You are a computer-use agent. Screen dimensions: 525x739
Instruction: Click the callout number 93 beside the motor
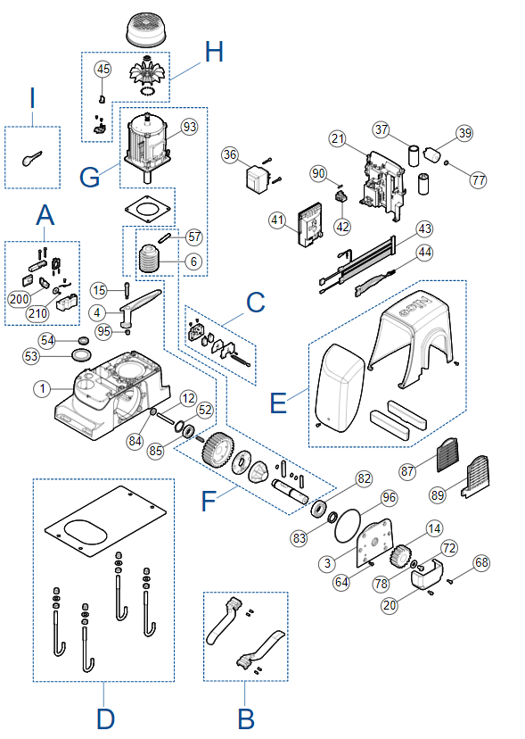[x=189, y=127]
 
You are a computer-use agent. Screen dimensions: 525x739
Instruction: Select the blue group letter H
[x=214, y=52]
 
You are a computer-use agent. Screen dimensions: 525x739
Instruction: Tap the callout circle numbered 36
[x=230, y=154]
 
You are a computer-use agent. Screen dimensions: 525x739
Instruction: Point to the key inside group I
[x=31, y=158]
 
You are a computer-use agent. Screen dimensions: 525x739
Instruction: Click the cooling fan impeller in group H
[x=147, y=72]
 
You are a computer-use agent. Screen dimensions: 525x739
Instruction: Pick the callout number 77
[x=479, y=179]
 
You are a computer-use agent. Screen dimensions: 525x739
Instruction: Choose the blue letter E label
[x=279, y=403]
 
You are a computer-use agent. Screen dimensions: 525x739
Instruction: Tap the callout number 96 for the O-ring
[x=389, y=498]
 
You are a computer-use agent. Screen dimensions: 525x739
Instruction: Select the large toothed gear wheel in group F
[x=217, y=450]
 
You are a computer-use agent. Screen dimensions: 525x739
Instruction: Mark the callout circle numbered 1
[x=43, y=388]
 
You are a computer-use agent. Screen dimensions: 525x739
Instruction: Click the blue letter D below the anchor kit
[x=105, y=718]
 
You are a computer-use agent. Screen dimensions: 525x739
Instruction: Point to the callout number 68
[x=481, y=562]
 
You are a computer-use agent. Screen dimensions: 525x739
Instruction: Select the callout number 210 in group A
[x=37, y=313]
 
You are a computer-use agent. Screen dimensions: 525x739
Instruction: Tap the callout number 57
[x=194, y=237]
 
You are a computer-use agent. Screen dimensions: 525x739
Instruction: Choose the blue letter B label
[x=246, y=718]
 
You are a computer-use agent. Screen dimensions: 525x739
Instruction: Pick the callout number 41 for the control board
[x=277, y=220]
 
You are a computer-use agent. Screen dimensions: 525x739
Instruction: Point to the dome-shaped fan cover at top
[x=148, y=29]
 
